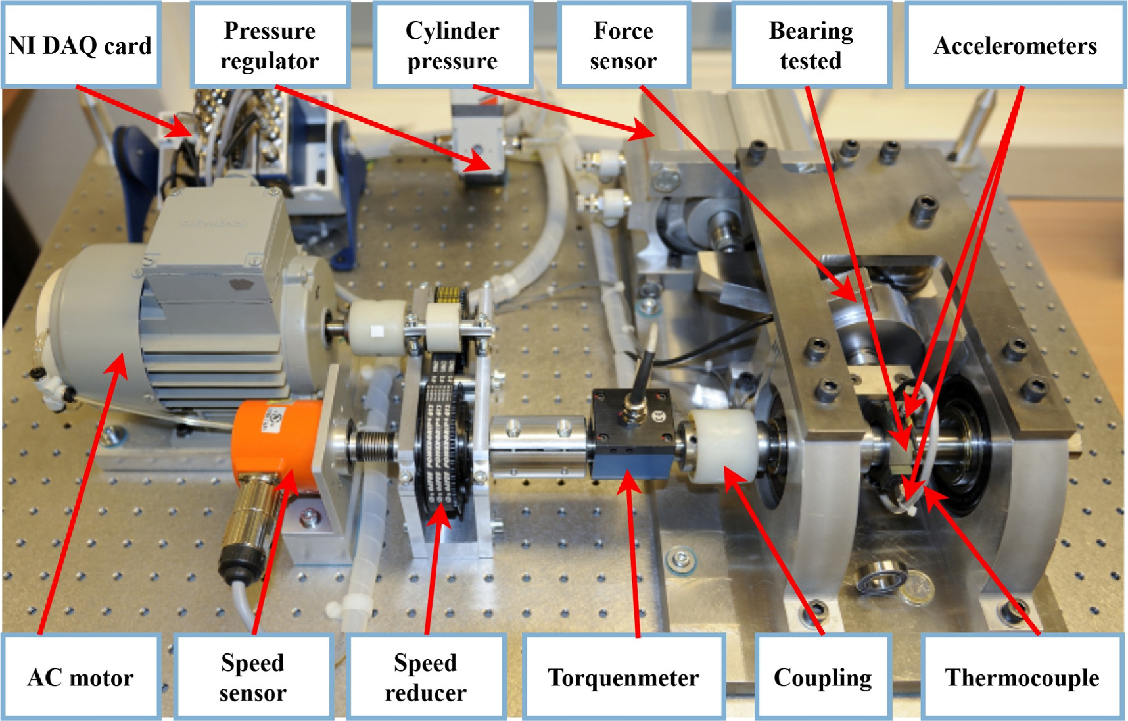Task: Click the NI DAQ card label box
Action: (x=81, y=45)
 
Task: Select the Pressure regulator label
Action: (x=270, y=45)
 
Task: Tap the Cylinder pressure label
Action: (x=452, y=45)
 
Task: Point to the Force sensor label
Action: (x=623, y=45)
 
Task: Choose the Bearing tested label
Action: (x=811, y=45)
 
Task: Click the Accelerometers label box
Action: (x=1015, y=45)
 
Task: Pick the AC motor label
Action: (x=81, y=677)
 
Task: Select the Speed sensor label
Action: (x=253, y=677)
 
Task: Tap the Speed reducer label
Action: (x=426, y=677)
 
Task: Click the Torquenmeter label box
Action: (x=624, y=677)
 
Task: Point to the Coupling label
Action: (x=823, y=677)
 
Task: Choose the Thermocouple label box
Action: (x=1022, y=677)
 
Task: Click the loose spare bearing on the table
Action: (x=881, y=579)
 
